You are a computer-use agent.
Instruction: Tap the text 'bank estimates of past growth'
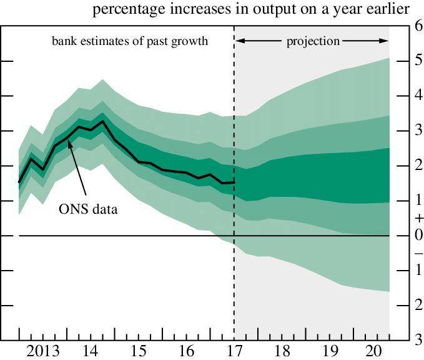coord(129,41)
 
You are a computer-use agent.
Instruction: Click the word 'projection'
coord(313,41)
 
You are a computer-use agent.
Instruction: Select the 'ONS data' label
coord(88,209)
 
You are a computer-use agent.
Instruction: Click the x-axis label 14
coord(91,349)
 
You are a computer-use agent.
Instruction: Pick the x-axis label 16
coord(186,349)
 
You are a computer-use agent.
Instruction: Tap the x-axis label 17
coord(234,349)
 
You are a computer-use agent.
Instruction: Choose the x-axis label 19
coord(330,349)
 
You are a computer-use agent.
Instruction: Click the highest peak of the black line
coord(102,121)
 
